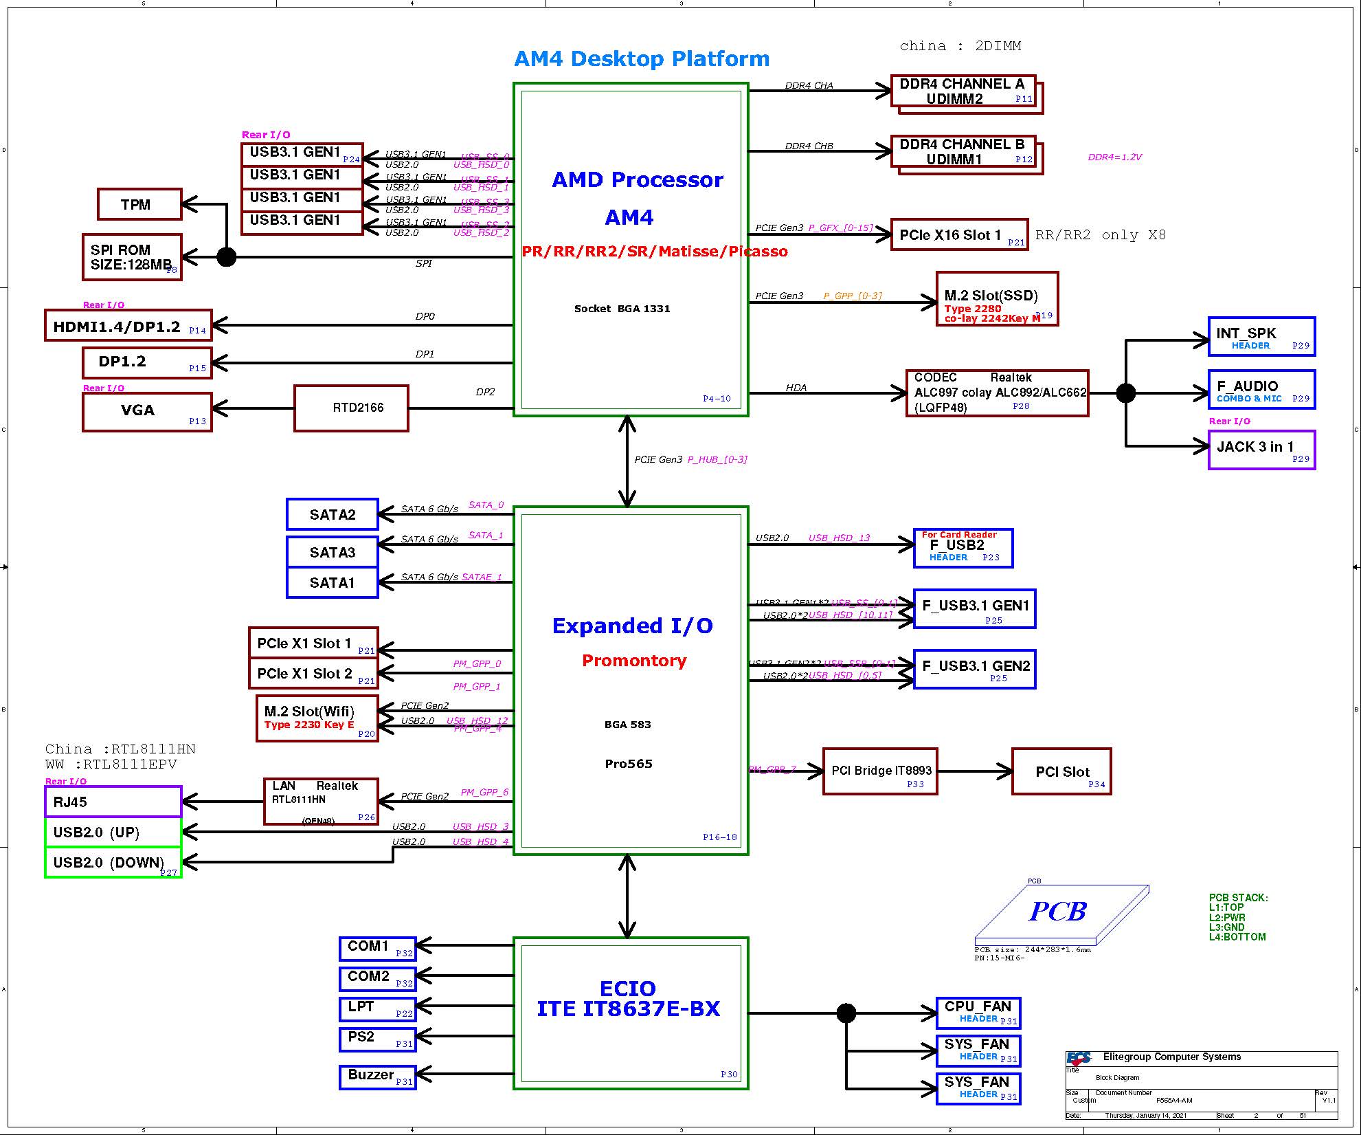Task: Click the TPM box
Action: (139, 204)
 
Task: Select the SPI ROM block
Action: (132, 257)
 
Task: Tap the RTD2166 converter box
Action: (351, 408)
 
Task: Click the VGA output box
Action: (147, 412)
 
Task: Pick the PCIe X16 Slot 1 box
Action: (959, 235)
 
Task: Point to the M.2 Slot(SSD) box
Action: (997, 299)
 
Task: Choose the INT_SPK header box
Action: (1261, 337)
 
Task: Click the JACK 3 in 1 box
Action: (1261, 450)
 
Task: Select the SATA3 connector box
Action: (333, 552)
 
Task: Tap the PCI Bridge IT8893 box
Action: (880, 771)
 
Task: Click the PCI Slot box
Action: (1061, 771)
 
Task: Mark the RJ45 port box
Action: (113, 802)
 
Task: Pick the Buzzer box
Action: (377, 1077)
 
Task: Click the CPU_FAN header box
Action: (978, 1013)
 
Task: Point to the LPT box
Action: (377, 1009)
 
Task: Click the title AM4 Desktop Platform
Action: (642, 58)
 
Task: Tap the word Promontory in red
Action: (634, 661)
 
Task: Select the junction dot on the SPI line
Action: (227, 257)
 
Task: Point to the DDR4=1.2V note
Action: (1114, 157)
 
